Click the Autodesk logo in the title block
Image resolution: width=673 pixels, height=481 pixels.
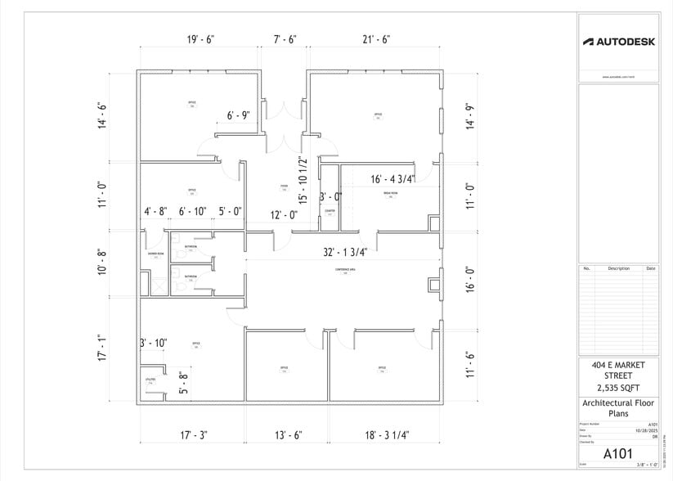(x=618, y=42)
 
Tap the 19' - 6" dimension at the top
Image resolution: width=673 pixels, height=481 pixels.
(x=200, y=39)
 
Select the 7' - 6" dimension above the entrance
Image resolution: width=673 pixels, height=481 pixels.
(x=285, y=39)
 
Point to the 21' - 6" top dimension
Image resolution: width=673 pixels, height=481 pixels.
(x=375, y=39)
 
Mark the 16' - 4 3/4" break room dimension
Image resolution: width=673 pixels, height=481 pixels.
(x=393, y=179)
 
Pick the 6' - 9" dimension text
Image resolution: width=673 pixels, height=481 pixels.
(x=243, y=115)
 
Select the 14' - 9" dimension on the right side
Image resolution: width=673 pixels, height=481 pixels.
(x=469, y=115)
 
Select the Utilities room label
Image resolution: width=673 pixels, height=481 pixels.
(x=150, y=380)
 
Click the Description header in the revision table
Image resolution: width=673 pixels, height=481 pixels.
(x=618, y=268)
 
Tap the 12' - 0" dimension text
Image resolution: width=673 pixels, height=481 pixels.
(x=284, y=214)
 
